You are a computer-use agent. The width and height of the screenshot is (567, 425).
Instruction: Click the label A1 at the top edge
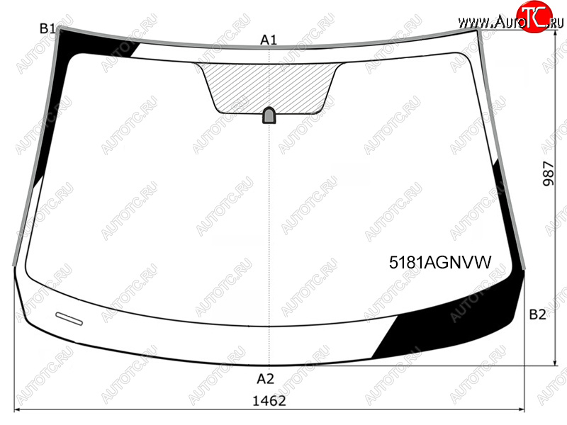pyautogui.click(x=269, y=40)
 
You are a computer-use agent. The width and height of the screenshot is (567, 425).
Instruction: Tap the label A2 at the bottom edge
pyautogui.click(x=265, y=378)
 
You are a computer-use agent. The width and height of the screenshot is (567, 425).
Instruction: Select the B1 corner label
pyautogui.click(x=47, y=28)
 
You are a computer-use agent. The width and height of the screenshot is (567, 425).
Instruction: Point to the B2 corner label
pyautogui.click(x=537, y=314)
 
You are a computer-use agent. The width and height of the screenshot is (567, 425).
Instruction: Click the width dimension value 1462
pyautogui.click(x=269, y=401)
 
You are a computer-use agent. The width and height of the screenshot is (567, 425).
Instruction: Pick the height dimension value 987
pyautogui.click(x=549, y=174)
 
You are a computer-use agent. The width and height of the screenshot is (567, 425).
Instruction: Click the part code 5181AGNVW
pyautogui.click(x=440, y=262)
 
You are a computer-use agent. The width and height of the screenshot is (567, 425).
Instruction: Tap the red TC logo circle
pyautogui.click(x=534, y=17)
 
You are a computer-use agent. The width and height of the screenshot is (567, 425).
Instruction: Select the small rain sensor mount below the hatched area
pyautogui.click(x=269, y=115)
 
